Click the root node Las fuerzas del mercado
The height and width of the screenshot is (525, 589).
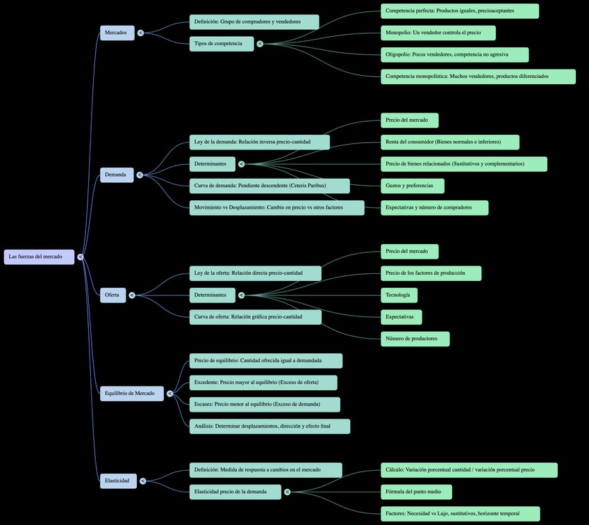(39, 257)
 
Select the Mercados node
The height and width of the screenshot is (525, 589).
(117, 33)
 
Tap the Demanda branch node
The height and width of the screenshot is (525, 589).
(117, 175)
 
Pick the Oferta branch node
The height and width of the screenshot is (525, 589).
(113, 295)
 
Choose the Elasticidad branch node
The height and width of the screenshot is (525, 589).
(118, 480)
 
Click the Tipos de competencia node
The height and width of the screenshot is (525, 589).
(221, 44)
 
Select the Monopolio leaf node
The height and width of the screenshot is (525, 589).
(438, 33)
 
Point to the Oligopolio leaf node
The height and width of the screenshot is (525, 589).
(454, 54)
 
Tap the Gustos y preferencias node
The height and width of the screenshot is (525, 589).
(412, 186)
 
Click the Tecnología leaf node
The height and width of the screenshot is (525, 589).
(399, 295)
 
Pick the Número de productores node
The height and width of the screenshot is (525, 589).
(415, 339)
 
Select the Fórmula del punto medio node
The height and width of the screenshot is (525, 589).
(416, 492)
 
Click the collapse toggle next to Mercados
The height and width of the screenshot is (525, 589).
(141, 33)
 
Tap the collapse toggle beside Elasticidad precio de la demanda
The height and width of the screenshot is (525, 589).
(288, 492)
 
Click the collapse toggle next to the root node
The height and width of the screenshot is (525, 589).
(81, 257)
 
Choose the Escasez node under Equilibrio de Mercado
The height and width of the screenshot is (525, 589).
(264, 404)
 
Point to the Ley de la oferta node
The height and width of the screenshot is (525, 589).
(255, 273)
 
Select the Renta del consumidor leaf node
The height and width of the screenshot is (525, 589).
(449, 142)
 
